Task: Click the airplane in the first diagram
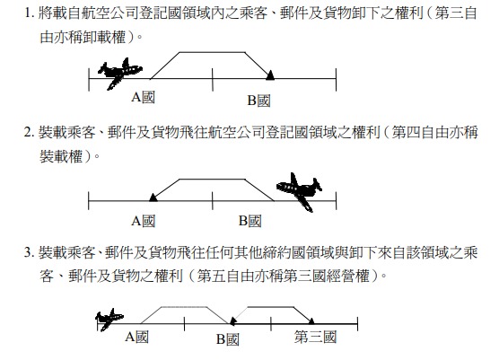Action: tap(120, 74)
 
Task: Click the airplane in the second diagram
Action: tap(299, 192)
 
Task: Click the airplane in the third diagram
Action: tap(109, 320)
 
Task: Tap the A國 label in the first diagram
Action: tap(144, 97)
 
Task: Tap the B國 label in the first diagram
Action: tap(258, 101)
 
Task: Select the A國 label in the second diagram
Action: tap(144, 221)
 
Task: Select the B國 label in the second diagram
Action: tap(250, 221)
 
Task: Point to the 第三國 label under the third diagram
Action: tap(315, 337)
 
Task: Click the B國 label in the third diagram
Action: tap(228, 339)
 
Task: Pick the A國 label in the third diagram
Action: tap(136, 337)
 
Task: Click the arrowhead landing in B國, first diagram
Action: tap(270, 75)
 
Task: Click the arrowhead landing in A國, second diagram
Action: tap(153, 198)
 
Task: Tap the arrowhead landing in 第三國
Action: tap(311, 320)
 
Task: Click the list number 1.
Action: tap(29, 13)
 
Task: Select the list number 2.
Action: tap(29, 132)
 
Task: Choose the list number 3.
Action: tap(29, 253)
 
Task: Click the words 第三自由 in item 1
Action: tap(456, 13)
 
